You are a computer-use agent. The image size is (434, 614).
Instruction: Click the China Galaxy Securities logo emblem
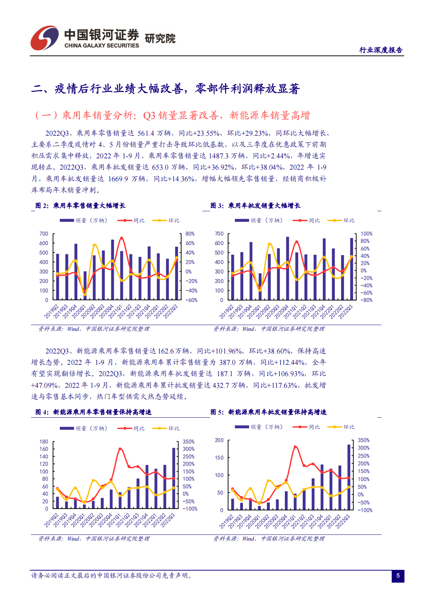(44, 38)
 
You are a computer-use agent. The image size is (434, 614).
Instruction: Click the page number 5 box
(398, 576)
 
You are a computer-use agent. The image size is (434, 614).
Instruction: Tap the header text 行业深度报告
(381, 50)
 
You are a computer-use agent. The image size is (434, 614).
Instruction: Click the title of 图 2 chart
(80, 206)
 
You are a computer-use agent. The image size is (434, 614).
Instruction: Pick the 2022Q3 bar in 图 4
(174, 478)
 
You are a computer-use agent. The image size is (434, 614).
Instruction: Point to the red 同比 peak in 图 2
(121, 238)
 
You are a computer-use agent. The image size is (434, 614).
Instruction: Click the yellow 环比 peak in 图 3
(270, 244)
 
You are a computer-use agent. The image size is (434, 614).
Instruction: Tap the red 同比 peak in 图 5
(295, 447)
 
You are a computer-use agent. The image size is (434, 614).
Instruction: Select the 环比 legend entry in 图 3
(341, 220)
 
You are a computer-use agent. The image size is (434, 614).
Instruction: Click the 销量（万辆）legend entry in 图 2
(84, 220)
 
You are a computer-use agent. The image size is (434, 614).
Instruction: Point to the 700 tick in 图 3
(219, 233)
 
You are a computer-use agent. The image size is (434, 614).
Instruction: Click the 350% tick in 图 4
(189, 441)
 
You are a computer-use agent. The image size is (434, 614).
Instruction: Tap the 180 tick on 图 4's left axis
(44, 441)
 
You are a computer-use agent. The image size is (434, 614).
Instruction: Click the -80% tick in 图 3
(367, 300)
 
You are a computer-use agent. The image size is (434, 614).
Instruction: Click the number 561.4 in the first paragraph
(146, 133)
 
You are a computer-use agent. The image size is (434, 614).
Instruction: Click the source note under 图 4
(94, 538)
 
